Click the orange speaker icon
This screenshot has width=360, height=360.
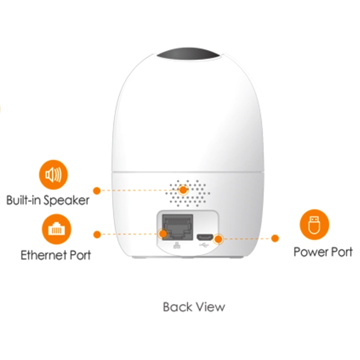[x=53, y=175]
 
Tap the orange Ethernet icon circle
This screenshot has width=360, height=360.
[x=56, y=228]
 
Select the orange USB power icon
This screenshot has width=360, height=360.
[x=314, y=225]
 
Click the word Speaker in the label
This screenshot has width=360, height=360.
[x=65, y=200]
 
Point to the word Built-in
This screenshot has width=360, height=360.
[x=23, y=200]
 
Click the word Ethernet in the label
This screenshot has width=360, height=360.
[x=44, y=255]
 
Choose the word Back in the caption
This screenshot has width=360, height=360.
[x=175, y=306]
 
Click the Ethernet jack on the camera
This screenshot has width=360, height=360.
[x=176, y=226]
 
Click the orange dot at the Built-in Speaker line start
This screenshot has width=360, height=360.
[x=96, y=190]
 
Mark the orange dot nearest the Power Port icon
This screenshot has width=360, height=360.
[x=275, y=238]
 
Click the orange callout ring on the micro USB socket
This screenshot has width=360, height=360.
[x=217, y=239]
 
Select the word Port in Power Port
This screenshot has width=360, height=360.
[x=341, y=251]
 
